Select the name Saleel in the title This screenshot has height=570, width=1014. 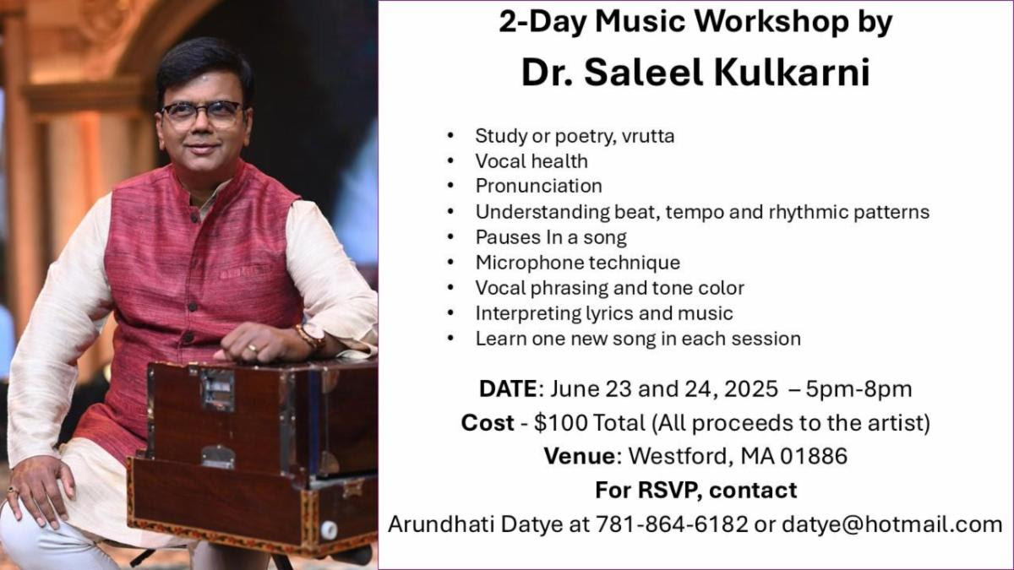click(x=644, y=73)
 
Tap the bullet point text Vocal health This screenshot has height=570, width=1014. click(x=532, y=161)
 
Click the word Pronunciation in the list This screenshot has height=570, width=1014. click(x=539, y=186)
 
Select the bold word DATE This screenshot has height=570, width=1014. click(x=508, y=389)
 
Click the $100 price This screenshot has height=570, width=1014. click(x=561, y=423)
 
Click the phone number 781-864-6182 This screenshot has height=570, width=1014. click(x=672, y=524)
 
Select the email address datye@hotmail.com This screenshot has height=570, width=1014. click(x=891, y=524)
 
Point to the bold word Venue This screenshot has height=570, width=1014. click(x=580, y=456)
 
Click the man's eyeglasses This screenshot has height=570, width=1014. click(x=202, y=113)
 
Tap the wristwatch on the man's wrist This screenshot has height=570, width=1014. click(x=313, y=336)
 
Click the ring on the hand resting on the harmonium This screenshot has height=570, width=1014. click(x=253, y=348)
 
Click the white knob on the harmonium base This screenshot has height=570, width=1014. click(x=329, y=530)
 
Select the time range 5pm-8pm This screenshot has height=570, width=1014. click(x=859, y=389)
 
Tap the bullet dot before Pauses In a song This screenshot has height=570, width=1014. click(x=450, y=237)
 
